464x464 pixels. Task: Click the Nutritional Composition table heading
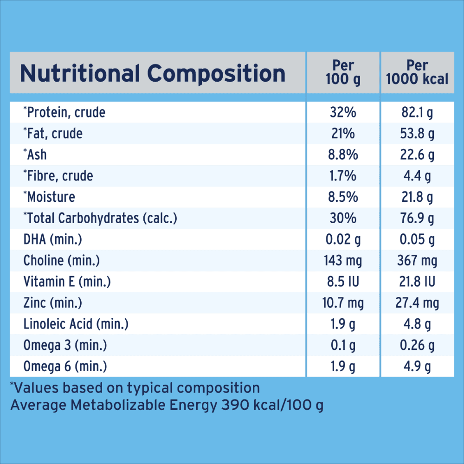(153, 73)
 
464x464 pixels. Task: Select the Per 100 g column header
(343, 72)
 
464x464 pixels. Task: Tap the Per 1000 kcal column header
(417, 72)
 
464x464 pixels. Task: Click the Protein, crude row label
(64, 112)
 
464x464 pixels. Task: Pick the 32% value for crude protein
(343, 112)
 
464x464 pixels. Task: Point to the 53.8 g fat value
(417, 134)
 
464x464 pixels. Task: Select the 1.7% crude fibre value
(343, 176)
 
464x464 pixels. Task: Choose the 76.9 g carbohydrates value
(417, 218)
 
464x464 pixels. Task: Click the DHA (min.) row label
(53, 239)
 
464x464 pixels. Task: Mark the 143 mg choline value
(343, 261)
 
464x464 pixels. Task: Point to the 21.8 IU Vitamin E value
(417, 282)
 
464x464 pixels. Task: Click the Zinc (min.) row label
(53, 303)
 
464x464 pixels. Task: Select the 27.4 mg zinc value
(417, 303)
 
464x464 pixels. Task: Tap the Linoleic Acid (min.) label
(76, 324)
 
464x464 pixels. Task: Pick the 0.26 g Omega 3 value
(417, 346)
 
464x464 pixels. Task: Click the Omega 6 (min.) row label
(65, 367)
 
